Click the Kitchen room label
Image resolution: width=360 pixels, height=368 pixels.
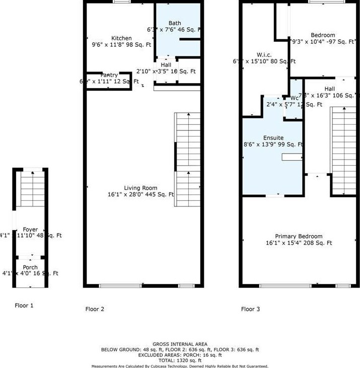point(121,38)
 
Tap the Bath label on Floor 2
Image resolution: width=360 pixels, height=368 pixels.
point(175,23)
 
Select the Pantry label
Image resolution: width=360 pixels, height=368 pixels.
point(109,75)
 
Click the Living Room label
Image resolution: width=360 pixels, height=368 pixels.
point(141,187)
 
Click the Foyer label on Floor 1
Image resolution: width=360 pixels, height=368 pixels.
point(31,230)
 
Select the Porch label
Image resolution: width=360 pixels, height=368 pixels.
point(30,267)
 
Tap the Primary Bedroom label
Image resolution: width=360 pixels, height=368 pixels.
point(299,236)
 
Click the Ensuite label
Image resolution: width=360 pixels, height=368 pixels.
point(273,137)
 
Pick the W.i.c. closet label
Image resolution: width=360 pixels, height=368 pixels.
point(264,54)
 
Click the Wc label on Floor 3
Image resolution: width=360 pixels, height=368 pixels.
point(295,98)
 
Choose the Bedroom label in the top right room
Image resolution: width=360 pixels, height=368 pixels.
point(323,35)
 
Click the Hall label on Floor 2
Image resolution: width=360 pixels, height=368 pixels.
point(166,65)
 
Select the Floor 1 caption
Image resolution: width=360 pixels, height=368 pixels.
point(24,305)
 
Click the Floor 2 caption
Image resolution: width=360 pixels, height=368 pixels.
point(95,309)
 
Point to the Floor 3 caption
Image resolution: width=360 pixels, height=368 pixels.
point(250,309)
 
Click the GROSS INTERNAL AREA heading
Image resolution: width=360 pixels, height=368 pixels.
point(180,344)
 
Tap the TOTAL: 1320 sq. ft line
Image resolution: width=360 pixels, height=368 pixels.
point(180,360)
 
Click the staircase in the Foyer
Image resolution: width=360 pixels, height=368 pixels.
point(31,190)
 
